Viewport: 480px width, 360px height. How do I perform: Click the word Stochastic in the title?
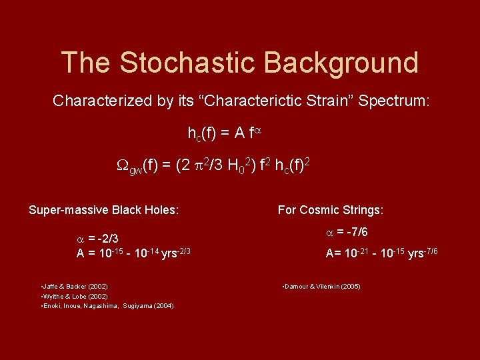[x=185, y=63]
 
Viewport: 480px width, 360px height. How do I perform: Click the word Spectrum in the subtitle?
[x=395, y=101]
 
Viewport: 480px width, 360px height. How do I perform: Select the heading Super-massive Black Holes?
[x=104, y=210]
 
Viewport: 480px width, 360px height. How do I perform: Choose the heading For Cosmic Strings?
[x=331, y=210]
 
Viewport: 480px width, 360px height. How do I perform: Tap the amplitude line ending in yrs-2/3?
[x=134, y=253]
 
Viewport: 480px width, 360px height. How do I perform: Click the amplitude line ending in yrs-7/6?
[x=381, y=253]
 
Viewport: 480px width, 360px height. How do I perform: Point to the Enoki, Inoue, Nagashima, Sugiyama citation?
[x=107, y=305]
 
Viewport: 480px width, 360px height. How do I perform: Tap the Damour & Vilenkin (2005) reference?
[x=322, y=286]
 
